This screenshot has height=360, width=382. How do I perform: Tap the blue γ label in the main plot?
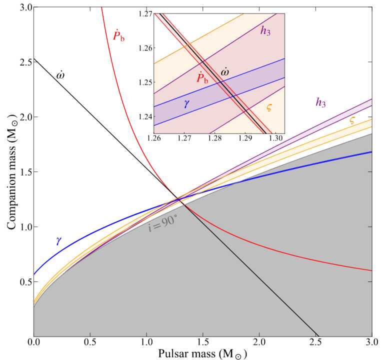58,240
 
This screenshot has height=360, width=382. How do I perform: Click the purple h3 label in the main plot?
320,102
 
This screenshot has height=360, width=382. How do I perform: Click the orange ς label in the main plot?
352,120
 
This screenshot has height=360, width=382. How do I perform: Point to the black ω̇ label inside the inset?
225,72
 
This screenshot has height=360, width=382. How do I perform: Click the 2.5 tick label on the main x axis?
315,342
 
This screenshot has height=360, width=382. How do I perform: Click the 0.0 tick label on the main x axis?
34,342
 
